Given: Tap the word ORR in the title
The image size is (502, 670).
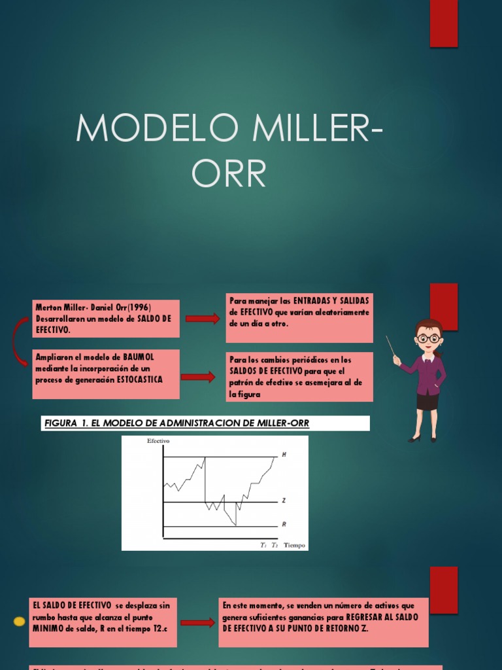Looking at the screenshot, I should pos(229,173).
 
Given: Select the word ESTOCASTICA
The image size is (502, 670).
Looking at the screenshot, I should pos(140,379).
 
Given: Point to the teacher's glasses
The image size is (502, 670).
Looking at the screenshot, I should pos(428,338).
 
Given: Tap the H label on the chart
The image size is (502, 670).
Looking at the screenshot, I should pos(284,454).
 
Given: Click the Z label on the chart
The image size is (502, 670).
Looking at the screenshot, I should pos(284,501).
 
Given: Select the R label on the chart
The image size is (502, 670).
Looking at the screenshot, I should pos(284,524).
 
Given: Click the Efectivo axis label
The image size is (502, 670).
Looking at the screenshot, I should pos(158,441).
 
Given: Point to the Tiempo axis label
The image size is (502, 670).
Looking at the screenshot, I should pos(294,544).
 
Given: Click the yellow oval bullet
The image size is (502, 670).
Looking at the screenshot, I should pos(20,621).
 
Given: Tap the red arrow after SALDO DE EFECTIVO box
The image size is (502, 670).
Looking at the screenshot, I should pos(203,319).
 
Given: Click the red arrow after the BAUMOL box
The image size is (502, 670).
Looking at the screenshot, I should pos(198,377).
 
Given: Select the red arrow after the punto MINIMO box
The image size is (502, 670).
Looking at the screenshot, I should pos(197,622).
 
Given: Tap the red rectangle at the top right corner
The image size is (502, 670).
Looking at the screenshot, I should pos(444,24).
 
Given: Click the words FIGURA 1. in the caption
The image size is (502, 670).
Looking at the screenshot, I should pos(66,423).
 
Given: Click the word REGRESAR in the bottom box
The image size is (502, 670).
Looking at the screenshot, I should pos(369,617).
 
